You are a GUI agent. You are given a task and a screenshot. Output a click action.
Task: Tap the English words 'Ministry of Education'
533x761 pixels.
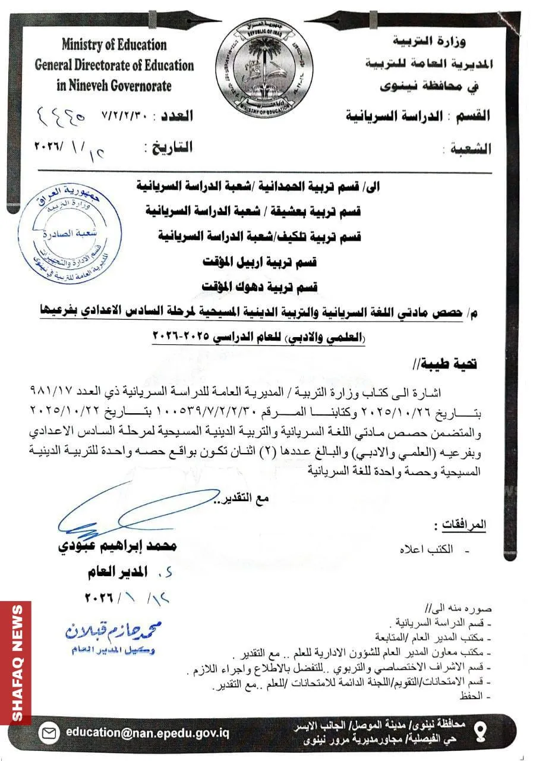[114, 45]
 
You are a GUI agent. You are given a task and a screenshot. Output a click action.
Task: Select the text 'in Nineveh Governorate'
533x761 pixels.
[114, 86]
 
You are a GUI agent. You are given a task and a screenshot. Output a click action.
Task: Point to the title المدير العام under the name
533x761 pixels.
[115, 573]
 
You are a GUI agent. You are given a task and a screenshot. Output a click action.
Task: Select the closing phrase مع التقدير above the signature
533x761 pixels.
[245, 498]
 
